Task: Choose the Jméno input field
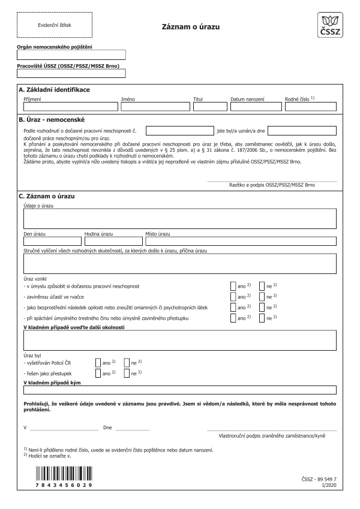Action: tap(154, 107)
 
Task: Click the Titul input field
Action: tap(209, 107)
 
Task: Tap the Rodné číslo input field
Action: tap(310, 107)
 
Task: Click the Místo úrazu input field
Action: tap(240, 242)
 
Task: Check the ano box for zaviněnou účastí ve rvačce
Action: tap(233, 296)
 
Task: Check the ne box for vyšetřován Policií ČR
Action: tap(127, 363)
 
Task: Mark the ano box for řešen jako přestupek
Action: tap(98, 373)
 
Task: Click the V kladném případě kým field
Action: tap(179, 390)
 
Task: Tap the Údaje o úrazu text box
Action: tap(179, 219)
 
